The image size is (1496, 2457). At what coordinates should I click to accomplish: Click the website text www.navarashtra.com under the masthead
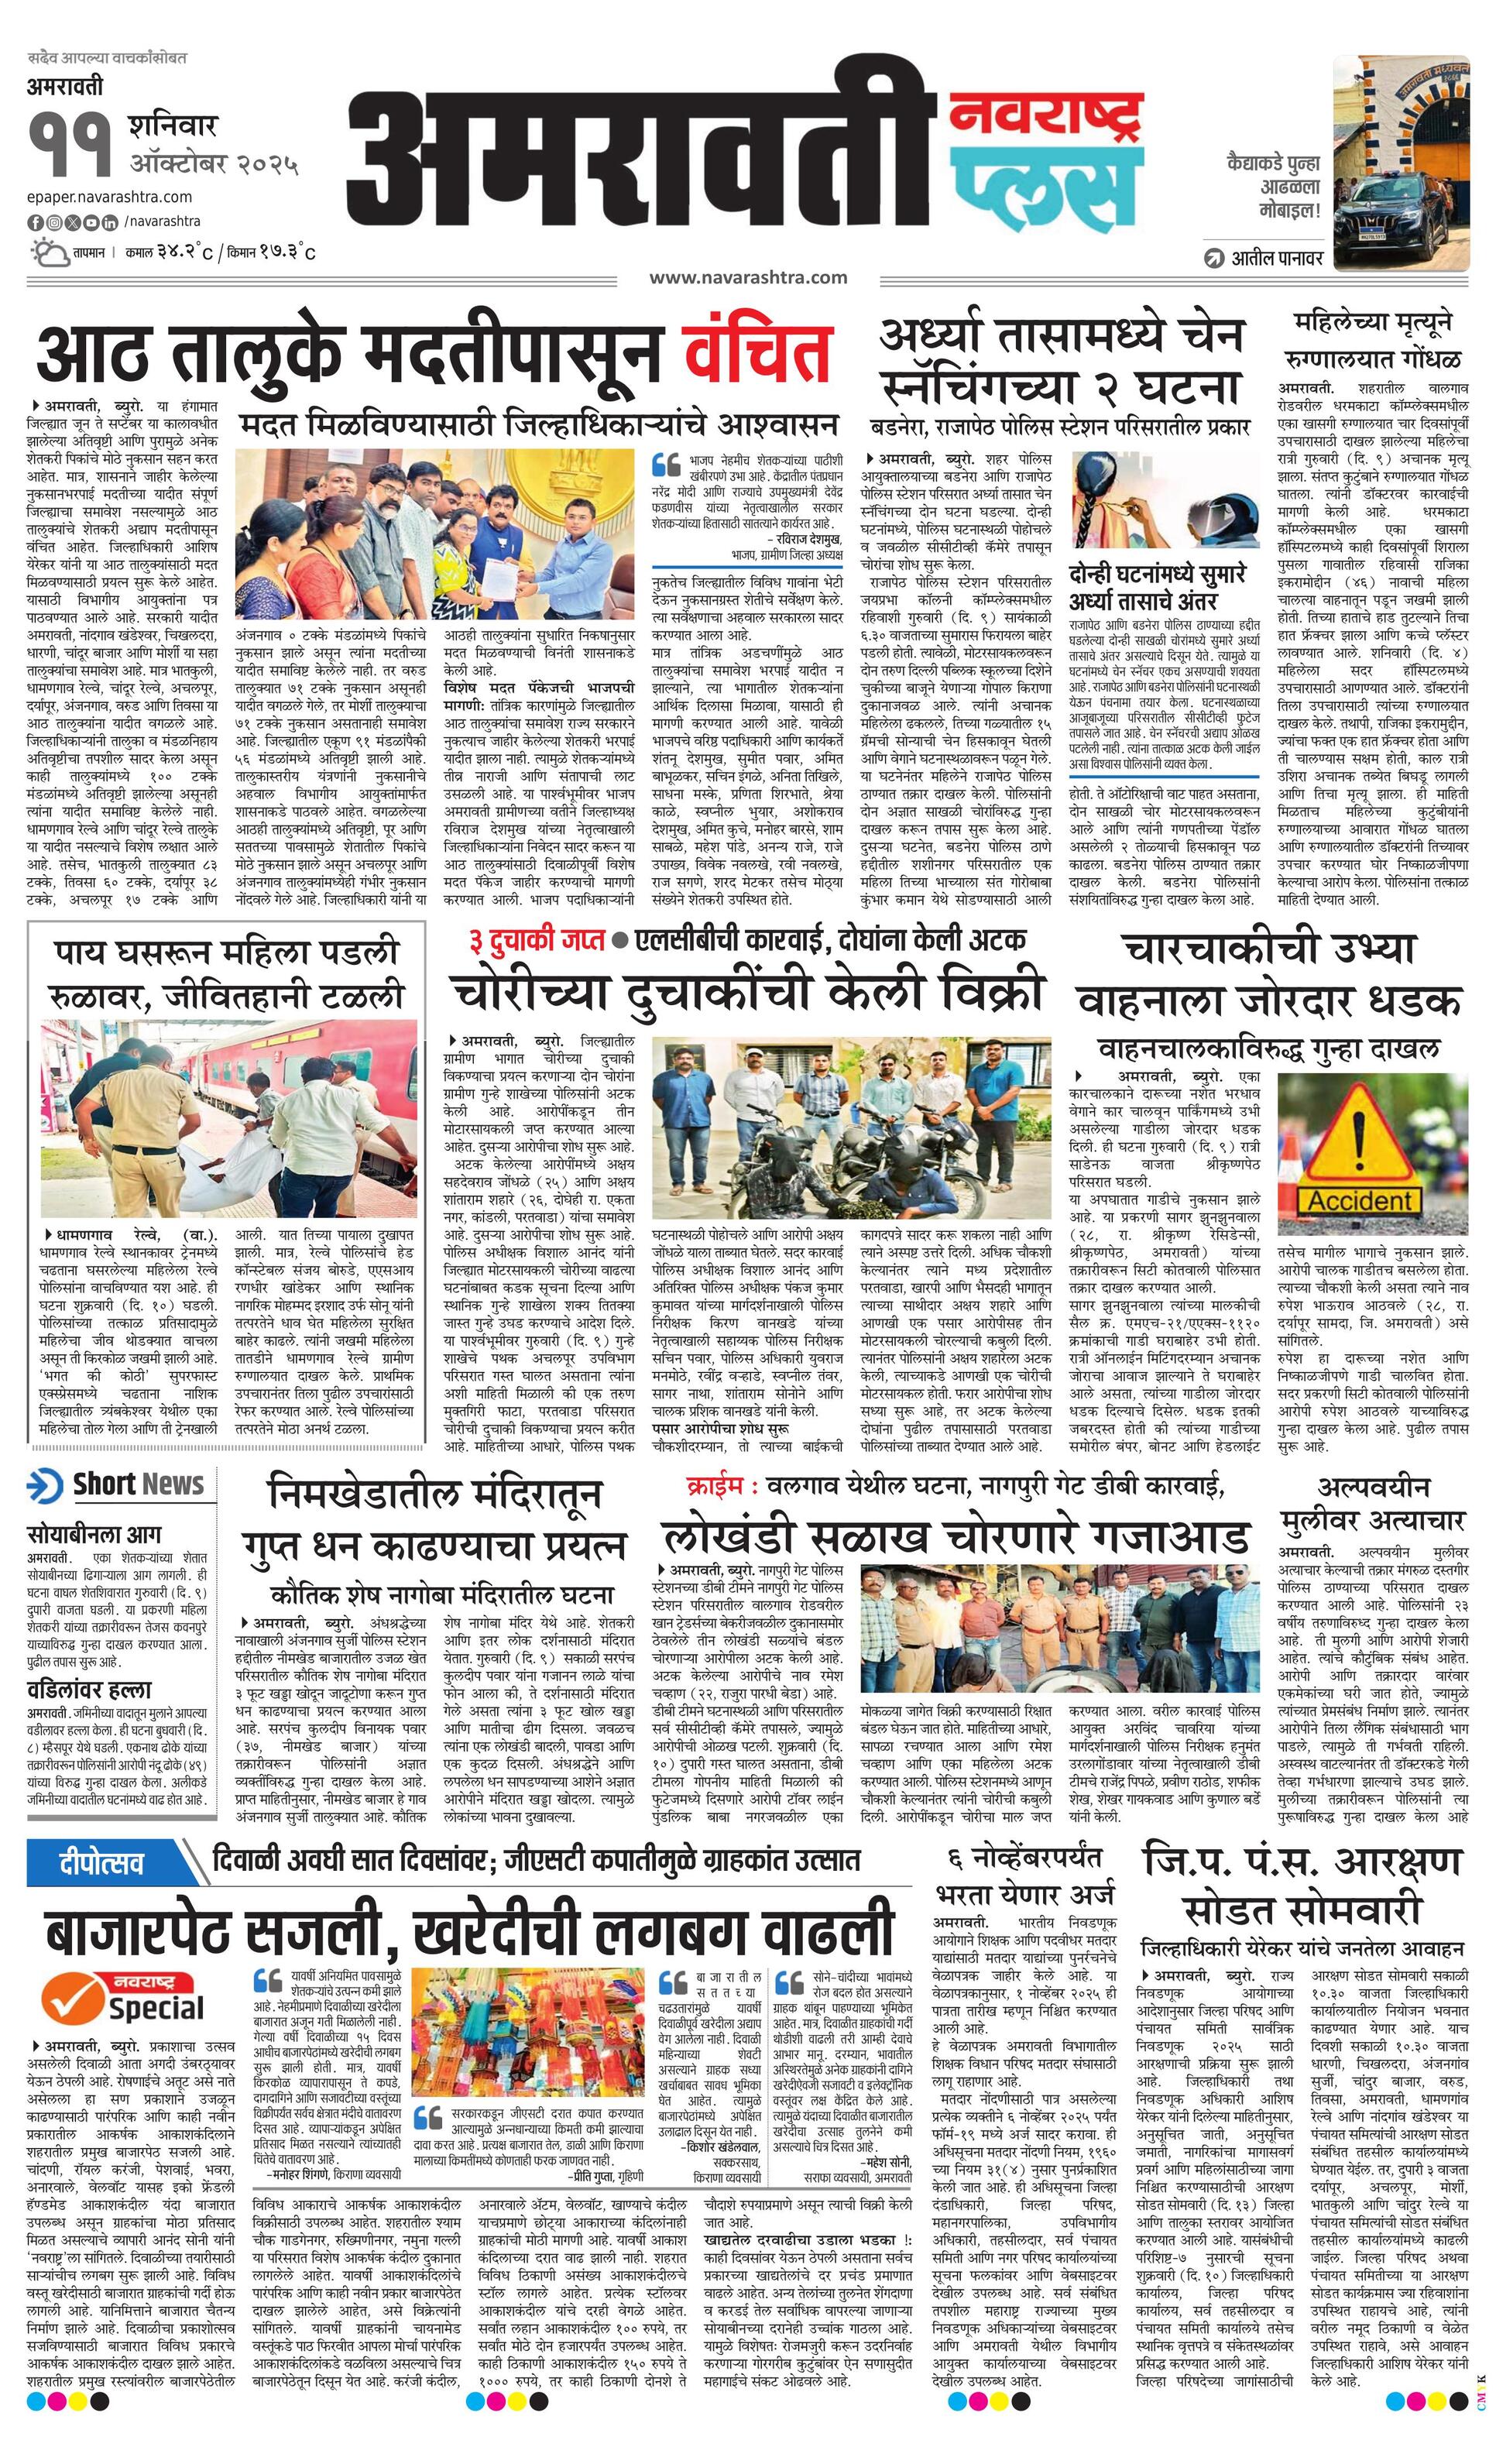point(748,278)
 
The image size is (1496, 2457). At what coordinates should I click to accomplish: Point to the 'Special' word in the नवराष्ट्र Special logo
point(156,2007)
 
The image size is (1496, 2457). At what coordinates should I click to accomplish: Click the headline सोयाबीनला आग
point(94,1534)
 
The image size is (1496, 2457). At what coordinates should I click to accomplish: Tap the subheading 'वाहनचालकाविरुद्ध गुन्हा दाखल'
point(1268,1048)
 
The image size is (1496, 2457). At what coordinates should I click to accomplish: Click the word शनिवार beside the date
point(172,127)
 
